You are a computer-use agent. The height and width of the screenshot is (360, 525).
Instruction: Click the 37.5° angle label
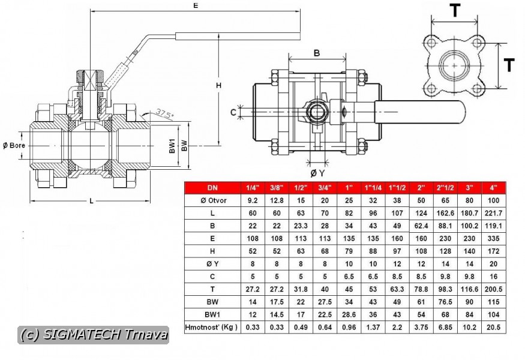coord(165,114)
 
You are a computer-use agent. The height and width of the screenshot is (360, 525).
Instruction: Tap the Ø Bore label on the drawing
coord(14,145)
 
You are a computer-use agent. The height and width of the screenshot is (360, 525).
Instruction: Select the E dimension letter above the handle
coord(196,5)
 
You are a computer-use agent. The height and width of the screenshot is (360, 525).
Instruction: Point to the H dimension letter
coord(218,86)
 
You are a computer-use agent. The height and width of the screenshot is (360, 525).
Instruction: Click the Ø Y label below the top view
coord(317,173)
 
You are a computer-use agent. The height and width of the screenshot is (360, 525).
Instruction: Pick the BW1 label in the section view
coord(172,146)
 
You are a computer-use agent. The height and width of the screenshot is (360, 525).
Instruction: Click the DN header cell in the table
coord(212,188)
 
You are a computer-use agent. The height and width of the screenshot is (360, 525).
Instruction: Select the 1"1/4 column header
coord(373,188)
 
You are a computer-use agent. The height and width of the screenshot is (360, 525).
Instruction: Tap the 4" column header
coord(494,188)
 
